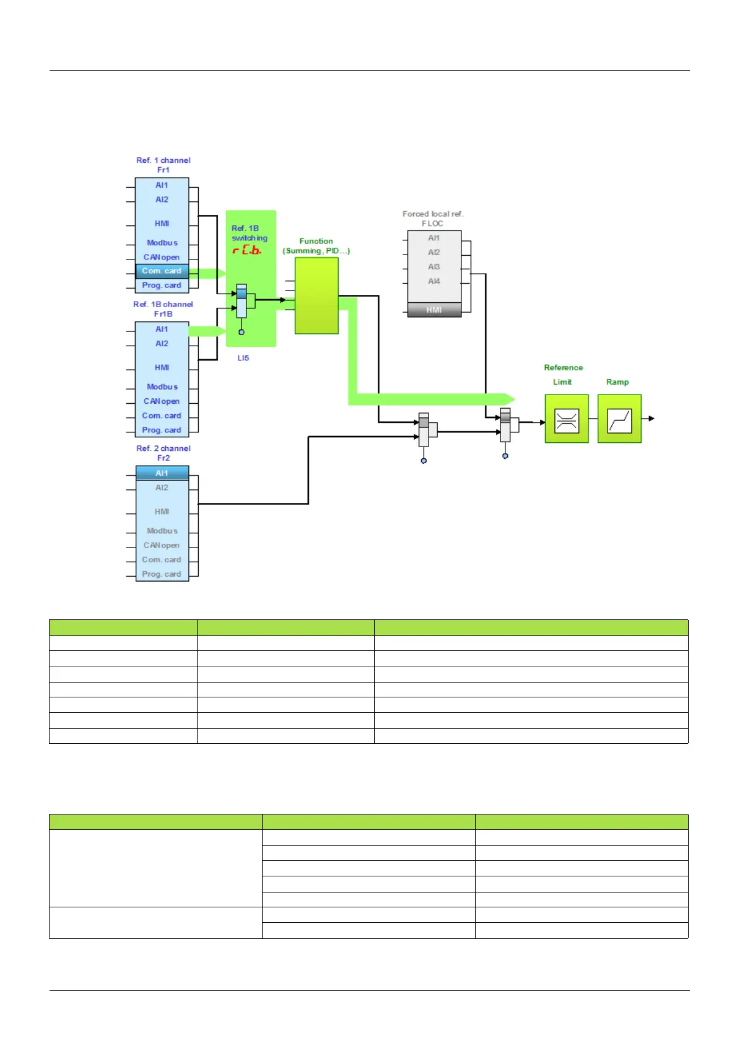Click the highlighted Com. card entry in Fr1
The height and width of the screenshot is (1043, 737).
tap(162, 271)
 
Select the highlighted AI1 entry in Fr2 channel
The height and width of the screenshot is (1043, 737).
tap(162, 473)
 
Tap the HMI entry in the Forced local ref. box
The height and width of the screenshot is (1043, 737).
tap(434, 310)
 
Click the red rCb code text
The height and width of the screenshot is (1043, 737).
tap(246, 250)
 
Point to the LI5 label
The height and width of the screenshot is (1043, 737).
tap(243, 357)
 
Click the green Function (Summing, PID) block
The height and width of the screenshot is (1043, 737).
tap(316, 295)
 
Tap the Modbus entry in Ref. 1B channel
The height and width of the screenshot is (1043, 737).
tap(162, 386)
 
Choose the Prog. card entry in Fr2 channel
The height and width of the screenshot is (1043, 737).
tap(162, 574)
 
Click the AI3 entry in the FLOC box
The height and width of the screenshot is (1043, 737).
tap(434, 266)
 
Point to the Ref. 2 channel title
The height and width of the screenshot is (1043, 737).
tap(164, 448)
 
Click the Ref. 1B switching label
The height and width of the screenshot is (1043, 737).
tap(250, 233)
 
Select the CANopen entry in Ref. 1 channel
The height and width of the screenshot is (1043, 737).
tap(162, 257)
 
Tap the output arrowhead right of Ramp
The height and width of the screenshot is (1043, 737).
tap(652, 419)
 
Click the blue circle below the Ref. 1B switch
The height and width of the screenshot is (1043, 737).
tap(241, 333)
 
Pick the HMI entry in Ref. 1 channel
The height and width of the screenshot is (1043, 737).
tap(162, 224)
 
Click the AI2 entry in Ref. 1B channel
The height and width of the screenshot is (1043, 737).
tap(162, 344)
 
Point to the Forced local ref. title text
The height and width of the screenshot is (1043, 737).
tap(433, 214)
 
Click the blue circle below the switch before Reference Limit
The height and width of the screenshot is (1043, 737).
tap(505, 456)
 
